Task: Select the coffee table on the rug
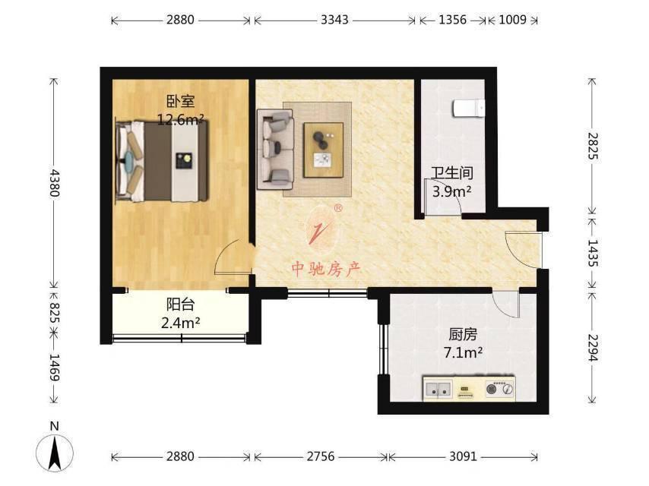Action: pyautogui.click(x=323, y=149)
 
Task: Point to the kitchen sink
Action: pyautogui.click(x=438, y=390)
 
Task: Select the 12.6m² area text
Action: pyautogui.click(x=179, y=119)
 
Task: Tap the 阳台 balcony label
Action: pyautogui.click(x=180, y=305)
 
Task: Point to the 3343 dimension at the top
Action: pyautogui.click(x=334, y=20)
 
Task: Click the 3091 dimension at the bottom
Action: pyautogui.click(x=463, y=456)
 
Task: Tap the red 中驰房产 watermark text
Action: pyautogui.click(x=327, y=268)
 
